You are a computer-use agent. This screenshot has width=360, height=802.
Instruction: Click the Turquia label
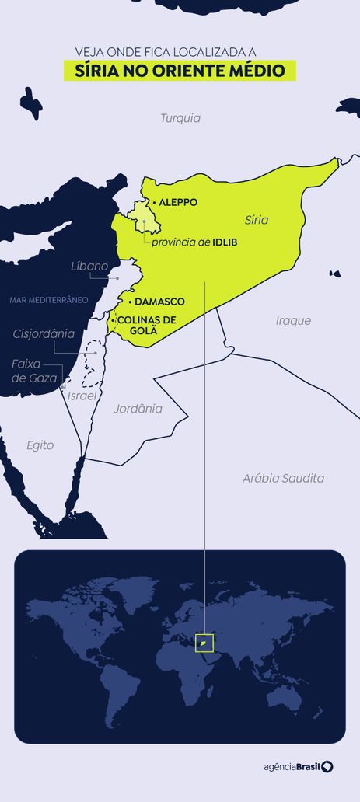pos(180,118)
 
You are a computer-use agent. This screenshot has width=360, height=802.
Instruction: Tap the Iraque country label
pos(293,320)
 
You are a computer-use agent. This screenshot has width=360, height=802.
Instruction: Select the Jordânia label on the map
pos(138,407)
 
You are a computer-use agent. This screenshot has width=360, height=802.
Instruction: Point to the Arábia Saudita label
pos(282,479)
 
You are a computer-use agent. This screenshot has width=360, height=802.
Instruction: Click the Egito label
pos(40,445)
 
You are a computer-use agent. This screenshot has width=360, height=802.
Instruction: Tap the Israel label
pos(82,396)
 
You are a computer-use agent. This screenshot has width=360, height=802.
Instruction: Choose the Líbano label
pos(89,266)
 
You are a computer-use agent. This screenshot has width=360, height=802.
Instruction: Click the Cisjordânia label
pos(44,333)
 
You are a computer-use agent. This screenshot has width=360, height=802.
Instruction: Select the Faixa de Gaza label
pos(30,371)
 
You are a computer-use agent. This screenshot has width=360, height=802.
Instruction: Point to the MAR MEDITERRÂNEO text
pos(48,299)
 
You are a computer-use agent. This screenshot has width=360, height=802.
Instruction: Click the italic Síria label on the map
pos(256,220)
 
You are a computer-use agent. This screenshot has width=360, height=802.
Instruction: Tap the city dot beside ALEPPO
pos(154,203)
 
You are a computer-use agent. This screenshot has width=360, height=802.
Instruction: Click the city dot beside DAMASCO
pos(130,302)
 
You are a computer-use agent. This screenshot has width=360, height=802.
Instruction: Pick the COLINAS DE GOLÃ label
pos(146,325)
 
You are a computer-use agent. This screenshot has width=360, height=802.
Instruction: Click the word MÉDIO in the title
pos(260,71)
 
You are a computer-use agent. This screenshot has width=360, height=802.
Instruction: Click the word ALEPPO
pos(178,203)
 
